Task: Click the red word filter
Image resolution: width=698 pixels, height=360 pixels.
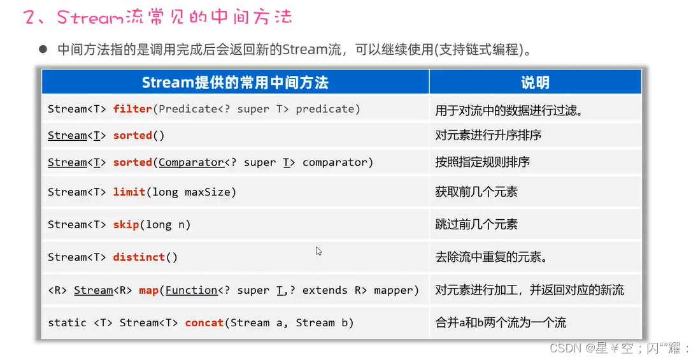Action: (132, 109)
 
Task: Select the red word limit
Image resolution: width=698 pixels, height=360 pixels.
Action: (129, 192)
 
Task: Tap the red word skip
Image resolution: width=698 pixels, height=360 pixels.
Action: (126, 224)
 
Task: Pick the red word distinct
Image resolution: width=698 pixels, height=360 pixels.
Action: (139, 257)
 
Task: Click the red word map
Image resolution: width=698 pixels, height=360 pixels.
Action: (148, 291)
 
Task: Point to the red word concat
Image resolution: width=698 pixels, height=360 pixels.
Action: (204, 323)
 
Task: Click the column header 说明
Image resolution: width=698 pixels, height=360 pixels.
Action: (535, 82)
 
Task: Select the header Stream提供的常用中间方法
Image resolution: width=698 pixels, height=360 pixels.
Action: (235, 82)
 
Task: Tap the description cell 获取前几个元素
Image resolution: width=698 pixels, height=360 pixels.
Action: (476, 192)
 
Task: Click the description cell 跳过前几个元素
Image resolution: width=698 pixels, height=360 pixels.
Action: (476, 224)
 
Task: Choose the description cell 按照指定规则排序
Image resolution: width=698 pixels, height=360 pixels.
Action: (483, 162)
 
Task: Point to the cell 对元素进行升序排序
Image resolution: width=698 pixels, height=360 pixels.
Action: (488, 135)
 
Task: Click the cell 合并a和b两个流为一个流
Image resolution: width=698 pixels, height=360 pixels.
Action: (501, 323)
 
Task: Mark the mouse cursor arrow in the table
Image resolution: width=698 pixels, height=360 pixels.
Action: (318, 251)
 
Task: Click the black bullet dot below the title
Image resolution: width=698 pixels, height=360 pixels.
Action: (43, 48)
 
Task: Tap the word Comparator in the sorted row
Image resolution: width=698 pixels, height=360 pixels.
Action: (191, 162)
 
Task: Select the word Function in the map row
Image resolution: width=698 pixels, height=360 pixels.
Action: (192, 291)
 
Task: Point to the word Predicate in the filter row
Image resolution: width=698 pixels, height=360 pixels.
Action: (189, 109)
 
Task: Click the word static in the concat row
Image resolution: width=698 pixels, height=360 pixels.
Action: (67, 323)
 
